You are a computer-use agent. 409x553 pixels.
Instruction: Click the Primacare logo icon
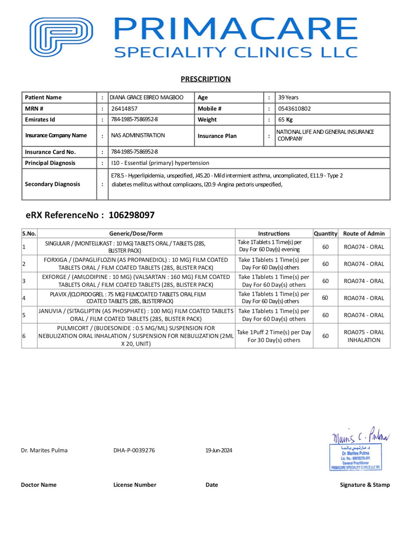point(61,37)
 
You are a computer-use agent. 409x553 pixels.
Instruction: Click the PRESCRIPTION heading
point(206,79)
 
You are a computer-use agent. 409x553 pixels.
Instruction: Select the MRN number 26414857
point(124,109)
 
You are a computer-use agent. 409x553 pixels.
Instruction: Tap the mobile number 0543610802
point(294,109)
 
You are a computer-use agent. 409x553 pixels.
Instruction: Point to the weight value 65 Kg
point(285,120)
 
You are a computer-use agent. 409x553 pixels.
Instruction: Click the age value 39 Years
point(288,97)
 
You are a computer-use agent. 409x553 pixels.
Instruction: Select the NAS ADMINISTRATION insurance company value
point(138,135)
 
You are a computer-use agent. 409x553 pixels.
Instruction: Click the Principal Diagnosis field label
point(50,163)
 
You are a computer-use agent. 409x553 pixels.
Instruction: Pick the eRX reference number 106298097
point(132,215)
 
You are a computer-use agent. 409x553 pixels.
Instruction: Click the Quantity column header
point(325,234)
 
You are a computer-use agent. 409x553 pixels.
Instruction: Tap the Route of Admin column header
point(364,234)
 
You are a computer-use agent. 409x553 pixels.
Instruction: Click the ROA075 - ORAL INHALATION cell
point(364,336)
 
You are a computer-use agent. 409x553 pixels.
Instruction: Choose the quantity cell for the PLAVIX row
point(325,298)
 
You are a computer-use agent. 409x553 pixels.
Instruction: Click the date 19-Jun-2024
point(219,450)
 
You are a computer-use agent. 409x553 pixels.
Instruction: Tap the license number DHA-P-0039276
point(134,450)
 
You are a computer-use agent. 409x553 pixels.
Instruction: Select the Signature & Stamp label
point(365,485)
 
